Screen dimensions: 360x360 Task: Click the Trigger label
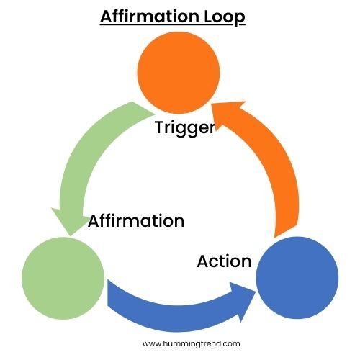[x=184, y=129]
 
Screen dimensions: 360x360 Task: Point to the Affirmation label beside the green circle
[x=136, y=220]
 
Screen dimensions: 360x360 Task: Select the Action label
[x=224, y=261]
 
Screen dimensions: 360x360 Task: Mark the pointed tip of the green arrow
[x=68, y=235]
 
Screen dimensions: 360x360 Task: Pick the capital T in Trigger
[x=160, y=129]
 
